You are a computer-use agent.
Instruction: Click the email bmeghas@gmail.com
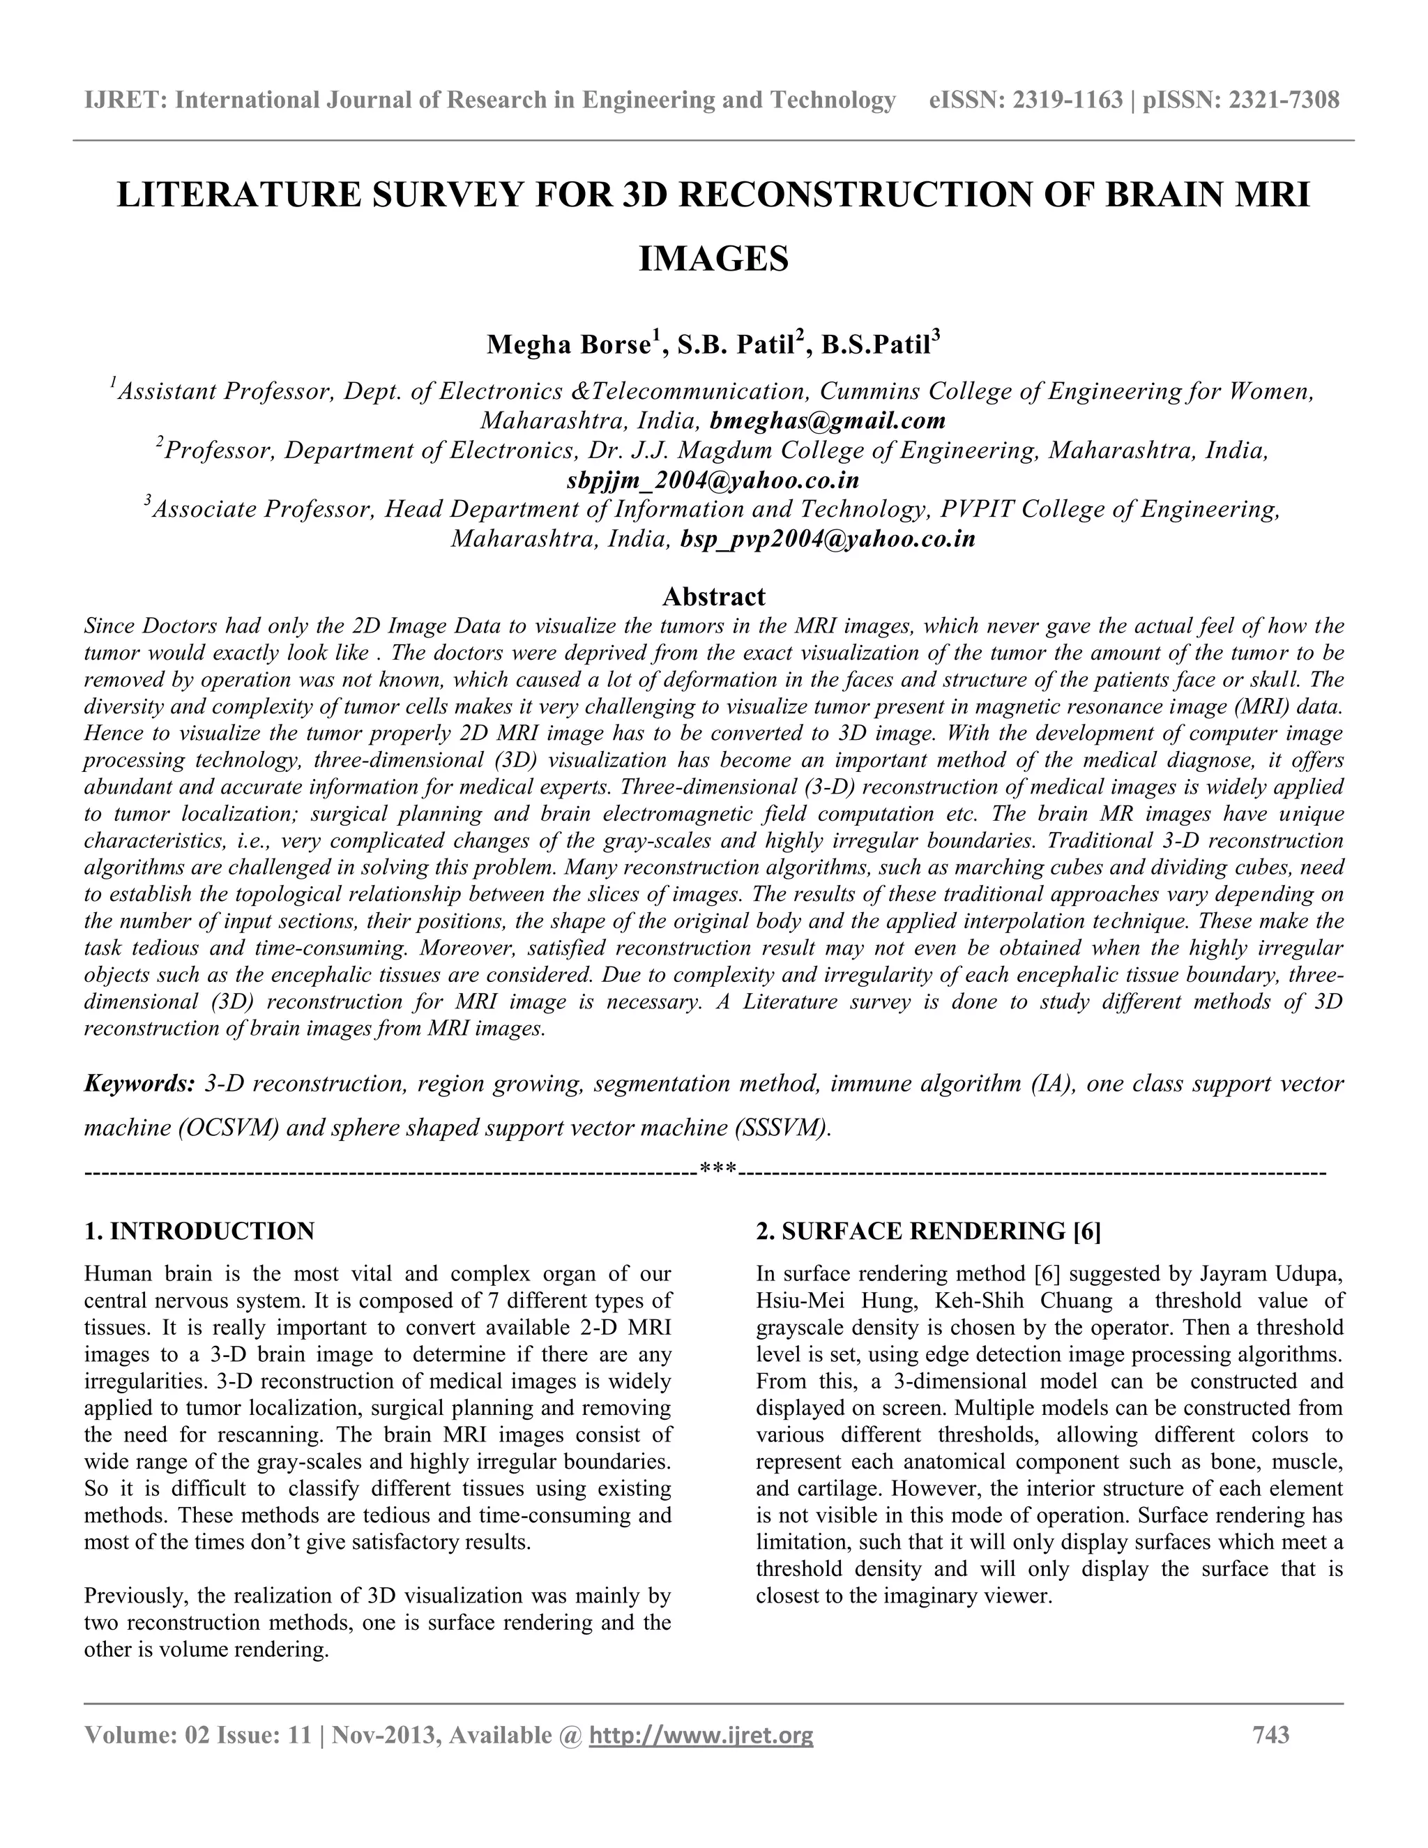[x=828, y=421]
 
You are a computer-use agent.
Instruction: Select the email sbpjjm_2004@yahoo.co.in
[x=713, y=480]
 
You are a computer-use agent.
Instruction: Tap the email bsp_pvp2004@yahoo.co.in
[x=828, y=539]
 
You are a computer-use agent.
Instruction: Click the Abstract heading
[x=713, y=596]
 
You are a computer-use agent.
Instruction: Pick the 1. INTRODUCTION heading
[x=199, y=1231]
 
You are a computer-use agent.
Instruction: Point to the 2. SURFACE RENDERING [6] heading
[x=928, y=1231]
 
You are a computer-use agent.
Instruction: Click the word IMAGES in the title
[x=713, y=259]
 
